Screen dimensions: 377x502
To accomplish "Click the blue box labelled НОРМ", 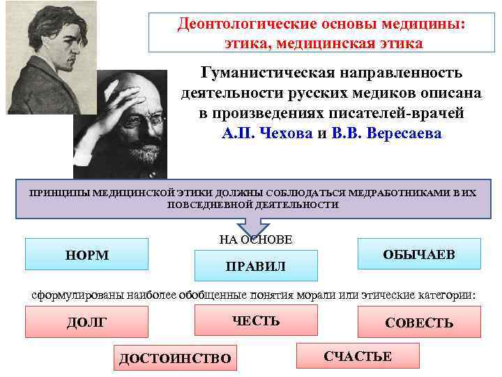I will [x=86, y=255].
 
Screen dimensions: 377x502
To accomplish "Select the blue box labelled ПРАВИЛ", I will [x=256, y=266].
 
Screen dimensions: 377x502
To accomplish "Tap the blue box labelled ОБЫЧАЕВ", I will [x=419, y=254].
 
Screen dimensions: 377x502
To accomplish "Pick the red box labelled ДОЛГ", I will [x=86, y=322].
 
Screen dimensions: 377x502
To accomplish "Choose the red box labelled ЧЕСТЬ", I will [x=256, y=320].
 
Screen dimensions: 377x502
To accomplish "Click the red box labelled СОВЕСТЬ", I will [x=419, y=323].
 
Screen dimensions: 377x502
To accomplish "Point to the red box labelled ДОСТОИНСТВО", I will [x=174, y=358].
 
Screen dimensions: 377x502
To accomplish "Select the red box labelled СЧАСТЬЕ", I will [x=358, y=356].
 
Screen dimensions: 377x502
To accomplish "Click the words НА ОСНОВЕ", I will [x=255, y=239].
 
